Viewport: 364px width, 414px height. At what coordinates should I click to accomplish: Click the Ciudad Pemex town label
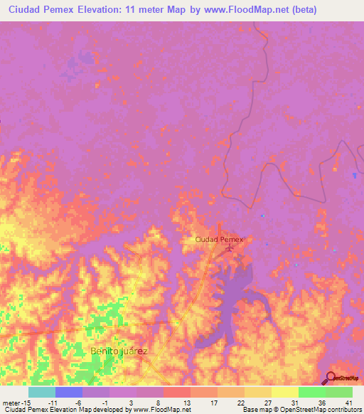tap(219, 240)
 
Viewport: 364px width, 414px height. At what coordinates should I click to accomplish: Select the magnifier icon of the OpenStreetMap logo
tap(331, 377)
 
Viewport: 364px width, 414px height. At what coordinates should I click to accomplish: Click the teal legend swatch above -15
tap(42, 392)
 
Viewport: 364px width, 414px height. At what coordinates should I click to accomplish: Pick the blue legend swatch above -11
tap(69, 392)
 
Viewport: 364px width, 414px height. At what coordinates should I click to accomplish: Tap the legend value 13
tap(187, 403)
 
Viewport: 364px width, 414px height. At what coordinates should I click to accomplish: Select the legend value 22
tap(242, 403)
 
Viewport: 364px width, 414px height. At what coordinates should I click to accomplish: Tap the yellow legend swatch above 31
tap(284, 392)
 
